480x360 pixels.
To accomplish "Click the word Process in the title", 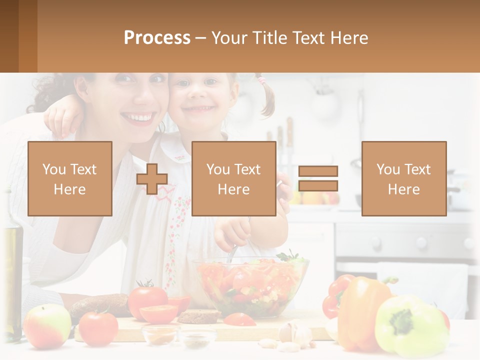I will point(157,38).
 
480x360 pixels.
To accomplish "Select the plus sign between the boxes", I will point(152,178).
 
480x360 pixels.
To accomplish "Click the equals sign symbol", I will point(318,178).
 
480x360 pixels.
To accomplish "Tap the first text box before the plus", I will point(70,178).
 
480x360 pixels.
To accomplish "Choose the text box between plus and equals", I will point(233,178).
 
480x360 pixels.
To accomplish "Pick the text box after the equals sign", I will point(403,178).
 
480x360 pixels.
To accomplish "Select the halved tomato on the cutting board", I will point(158,313).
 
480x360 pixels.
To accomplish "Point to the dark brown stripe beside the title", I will point(9,36).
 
